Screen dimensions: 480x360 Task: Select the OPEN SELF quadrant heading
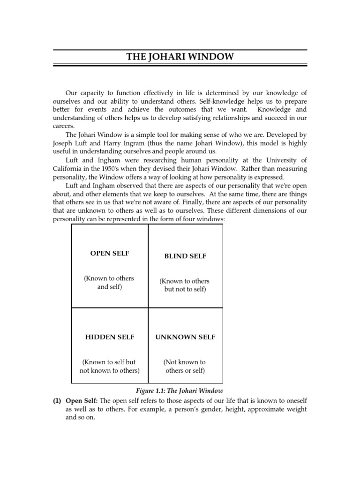110,253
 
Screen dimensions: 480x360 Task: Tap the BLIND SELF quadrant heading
185,256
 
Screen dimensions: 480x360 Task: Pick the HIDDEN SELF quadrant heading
110,337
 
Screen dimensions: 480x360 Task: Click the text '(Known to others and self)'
109,283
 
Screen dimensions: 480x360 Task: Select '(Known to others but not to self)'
185,285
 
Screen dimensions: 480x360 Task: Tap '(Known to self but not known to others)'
109,367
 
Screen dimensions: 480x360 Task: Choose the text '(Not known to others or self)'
185,367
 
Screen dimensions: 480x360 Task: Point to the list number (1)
57,401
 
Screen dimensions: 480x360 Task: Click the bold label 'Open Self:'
82,401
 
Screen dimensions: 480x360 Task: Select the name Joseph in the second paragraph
64,143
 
